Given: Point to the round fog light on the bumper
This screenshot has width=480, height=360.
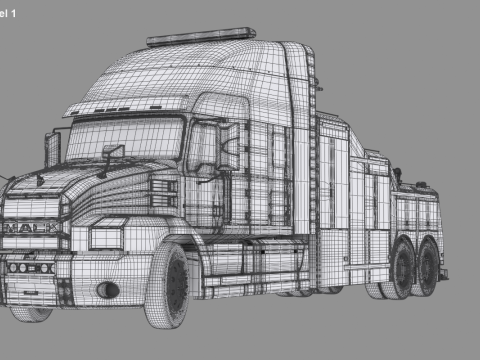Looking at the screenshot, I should point(106,290).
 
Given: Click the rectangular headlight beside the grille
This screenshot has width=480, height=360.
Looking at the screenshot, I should point(106,237).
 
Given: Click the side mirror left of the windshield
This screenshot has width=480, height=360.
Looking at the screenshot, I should point(53,149).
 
